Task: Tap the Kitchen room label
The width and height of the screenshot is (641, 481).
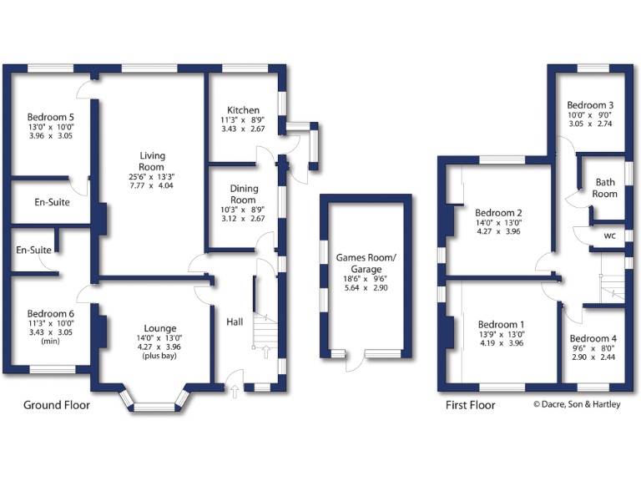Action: (x=244, y=110)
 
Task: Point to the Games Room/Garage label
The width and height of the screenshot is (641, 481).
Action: (x=366, y=264)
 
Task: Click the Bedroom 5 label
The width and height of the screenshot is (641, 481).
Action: (x=51, y=117)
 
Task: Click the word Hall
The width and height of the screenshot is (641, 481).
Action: (x=235, y=321)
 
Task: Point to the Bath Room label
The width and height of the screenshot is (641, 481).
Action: (x=605, y=188)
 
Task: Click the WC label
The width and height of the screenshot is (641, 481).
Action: (x=609, y=236)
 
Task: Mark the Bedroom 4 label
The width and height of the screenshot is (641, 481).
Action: (x=593, y=338)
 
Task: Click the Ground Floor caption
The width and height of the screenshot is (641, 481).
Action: (x=56, y=405)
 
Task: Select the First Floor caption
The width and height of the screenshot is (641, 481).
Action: (x=470, y=405)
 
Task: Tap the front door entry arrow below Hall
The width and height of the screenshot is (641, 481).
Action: (x=233, y=389)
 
